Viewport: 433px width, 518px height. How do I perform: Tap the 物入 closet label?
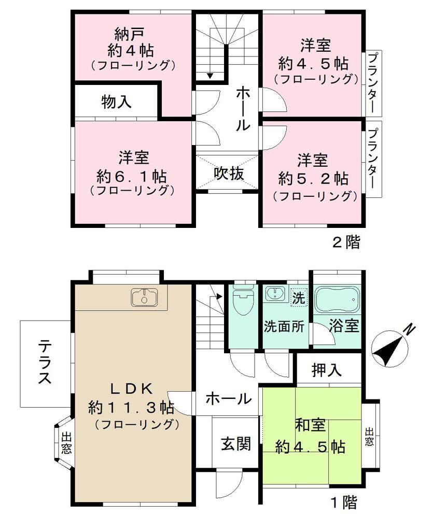[116, 102]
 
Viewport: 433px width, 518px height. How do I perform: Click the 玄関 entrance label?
[235, 444]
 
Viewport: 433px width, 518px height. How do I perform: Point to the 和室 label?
[311, 425]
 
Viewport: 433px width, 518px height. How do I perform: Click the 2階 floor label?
[345, 242]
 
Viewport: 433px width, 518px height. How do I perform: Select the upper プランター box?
[372, 83]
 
